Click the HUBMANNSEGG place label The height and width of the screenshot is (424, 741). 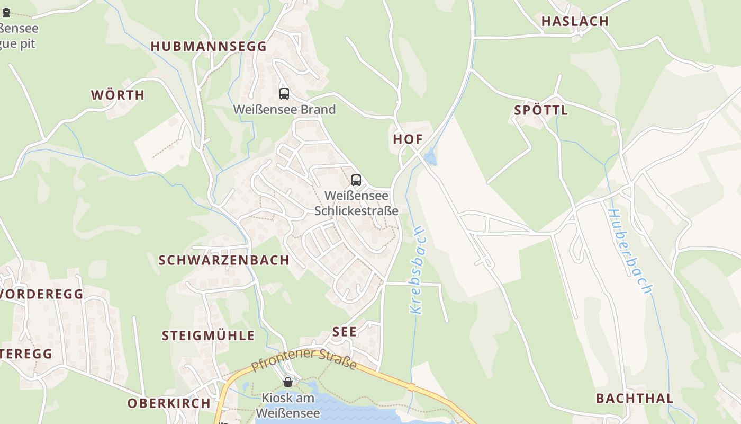pos(209,46)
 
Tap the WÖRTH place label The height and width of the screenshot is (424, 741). pos(118,95)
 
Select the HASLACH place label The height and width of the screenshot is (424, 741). pos(575,21)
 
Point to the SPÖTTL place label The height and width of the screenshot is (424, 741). pos(541,110)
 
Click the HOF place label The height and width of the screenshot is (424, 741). pos(408,139)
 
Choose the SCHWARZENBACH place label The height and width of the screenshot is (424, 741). pos(224,260)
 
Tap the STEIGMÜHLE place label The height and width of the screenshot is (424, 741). pos(208,335)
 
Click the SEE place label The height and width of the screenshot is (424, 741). pos(345,332)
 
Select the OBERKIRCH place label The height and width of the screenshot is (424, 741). pos(169,403)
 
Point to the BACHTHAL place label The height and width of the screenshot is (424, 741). pos(635,399)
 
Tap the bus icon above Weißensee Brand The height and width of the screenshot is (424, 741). pos(284,94)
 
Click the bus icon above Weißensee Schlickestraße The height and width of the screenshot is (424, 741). pos(356,180)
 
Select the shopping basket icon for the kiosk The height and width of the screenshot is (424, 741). pos(288,382)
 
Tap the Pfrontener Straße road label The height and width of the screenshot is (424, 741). pos(304,360)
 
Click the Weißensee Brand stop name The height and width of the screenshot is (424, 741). pos(284,110)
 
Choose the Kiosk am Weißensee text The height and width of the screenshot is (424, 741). pos(288,405)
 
